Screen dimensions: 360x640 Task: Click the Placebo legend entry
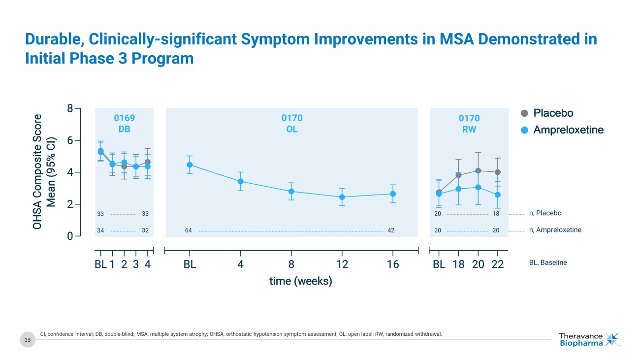coord(547,113)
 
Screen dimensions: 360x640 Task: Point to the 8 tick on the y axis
coord(70,109)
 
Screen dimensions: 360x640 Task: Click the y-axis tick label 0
coord(70,236)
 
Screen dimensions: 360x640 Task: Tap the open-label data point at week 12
coord(342,197)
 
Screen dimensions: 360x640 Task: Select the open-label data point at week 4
coord(241,181)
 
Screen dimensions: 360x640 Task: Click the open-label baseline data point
coord(190,165)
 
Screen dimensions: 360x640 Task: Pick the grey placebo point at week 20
coord(478,170)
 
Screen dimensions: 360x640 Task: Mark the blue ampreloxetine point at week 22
coord(498,195)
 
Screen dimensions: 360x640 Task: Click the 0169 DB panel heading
coord(124,124)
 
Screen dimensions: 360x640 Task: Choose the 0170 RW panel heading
coord(469,124)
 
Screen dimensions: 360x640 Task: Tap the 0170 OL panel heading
coord(292,124)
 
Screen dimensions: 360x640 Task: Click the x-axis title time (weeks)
coord(300,281)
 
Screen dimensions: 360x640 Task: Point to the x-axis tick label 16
coord(393,264)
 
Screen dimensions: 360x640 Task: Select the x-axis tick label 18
coord(458,264)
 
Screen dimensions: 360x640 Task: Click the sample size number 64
coord(189,230)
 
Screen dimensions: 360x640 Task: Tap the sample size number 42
coord(391,230)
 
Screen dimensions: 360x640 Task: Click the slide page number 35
coord(28,339)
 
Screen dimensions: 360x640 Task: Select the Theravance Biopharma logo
coord(589,339)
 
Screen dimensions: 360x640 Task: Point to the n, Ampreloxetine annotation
coord(555,230)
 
